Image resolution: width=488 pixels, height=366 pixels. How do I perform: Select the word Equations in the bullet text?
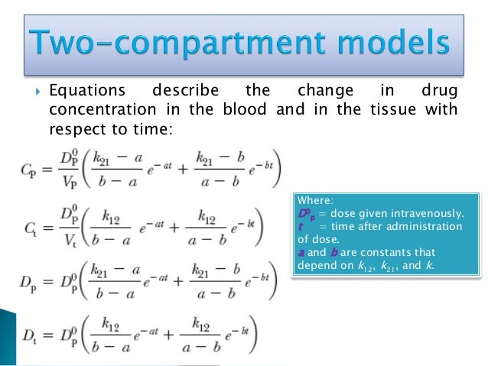click(81, 91)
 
